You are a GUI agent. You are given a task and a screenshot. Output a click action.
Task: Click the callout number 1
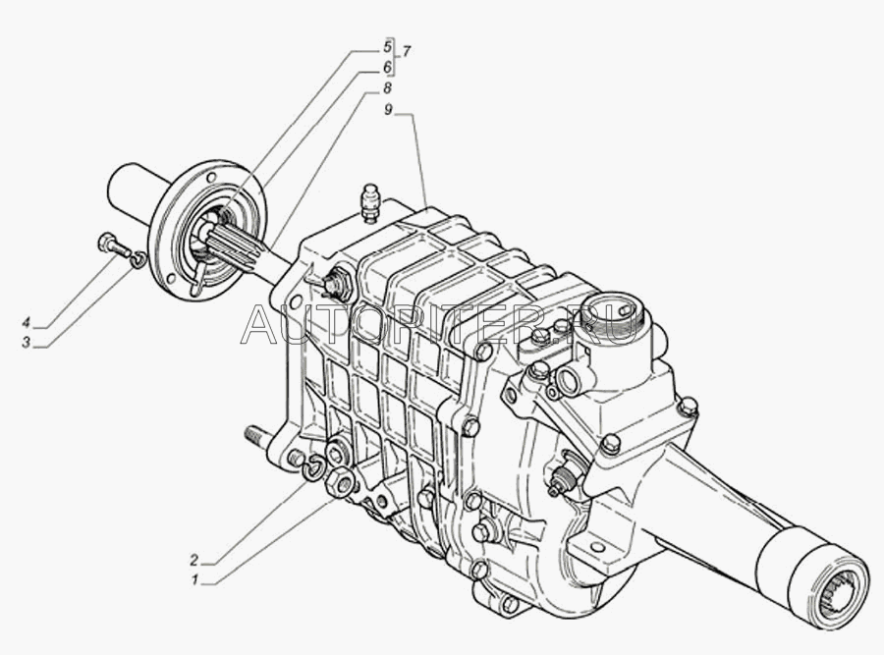(x=194, y=579)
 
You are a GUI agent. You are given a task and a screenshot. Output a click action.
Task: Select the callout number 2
(x=193, y=560)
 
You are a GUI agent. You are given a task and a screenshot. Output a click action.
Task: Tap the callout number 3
(x=26, y=342)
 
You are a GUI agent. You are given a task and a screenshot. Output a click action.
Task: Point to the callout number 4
(x=26, y=323)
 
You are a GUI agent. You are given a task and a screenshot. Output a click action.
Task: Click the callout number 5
(x=387, y=47)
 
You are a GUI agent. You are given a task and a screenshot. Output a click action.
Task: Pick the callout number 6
(x=387, y=67)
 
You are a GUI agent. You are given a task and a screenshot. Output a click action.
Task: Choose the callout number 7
(x=406, y=52)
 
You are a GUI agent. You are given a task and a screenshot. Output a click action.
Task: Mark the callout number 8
(x=387, y=88)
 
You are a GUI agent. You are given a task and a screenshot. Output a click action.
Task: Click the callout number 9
(x=388, y=110)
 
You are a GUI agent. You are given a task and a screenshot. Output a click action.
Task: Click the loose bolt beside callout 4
(x=113, y=246)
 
